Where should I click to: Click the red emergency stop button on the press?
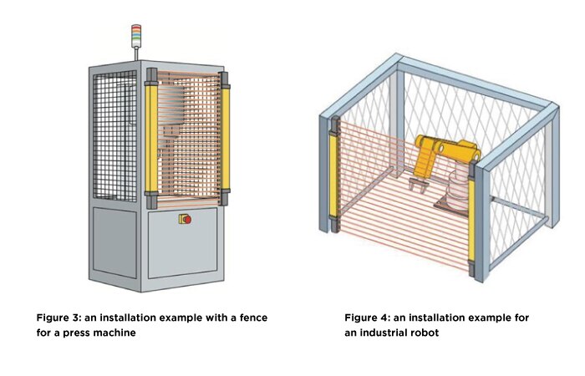[186, 220]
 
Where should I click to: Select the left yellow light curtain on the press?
[151, 138]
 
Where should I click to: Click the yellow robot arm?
[443, 150]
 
